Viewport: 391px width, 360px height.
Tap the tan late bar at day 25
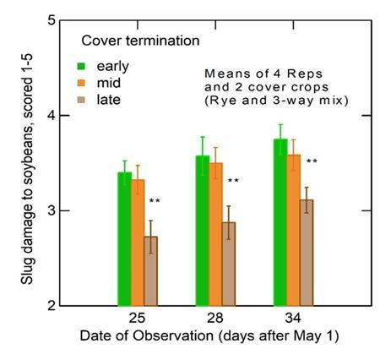(150, 270)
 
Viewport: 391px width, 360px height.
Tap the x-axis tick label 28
(215, 322)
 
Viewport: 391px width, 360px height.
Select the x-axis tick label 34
(293, 322)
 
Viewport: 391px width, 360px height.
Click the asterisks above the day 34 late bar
(312, 161)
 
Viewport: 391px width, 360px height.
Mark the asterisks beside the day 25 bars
(155, 201)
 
